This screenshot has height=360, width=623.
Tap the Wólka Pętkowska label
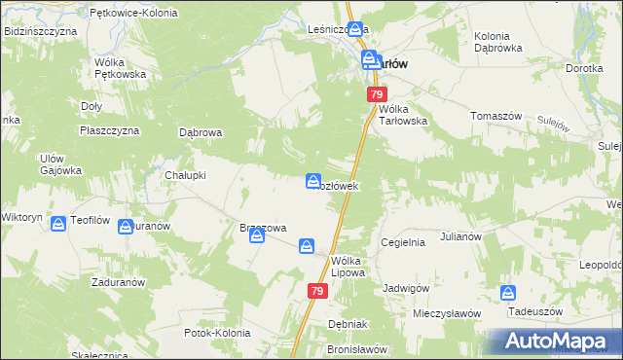pos(120,67)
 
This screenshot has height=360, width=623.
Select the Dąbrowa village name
pos(202,132)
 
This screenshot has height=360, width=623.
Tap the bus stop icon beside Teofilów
pos(58,224)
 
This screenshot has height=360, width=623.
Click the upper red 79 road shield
pos(377,94)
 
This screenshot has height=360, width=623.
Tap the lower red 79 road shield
pos(317,291)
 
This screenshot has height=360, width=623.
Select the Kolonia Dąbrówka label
pos(498,41)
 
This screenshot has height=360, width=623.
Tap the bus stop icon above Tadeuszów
pos(508,293)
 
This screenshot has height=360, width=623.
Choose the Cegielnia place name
pos(403,242)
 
